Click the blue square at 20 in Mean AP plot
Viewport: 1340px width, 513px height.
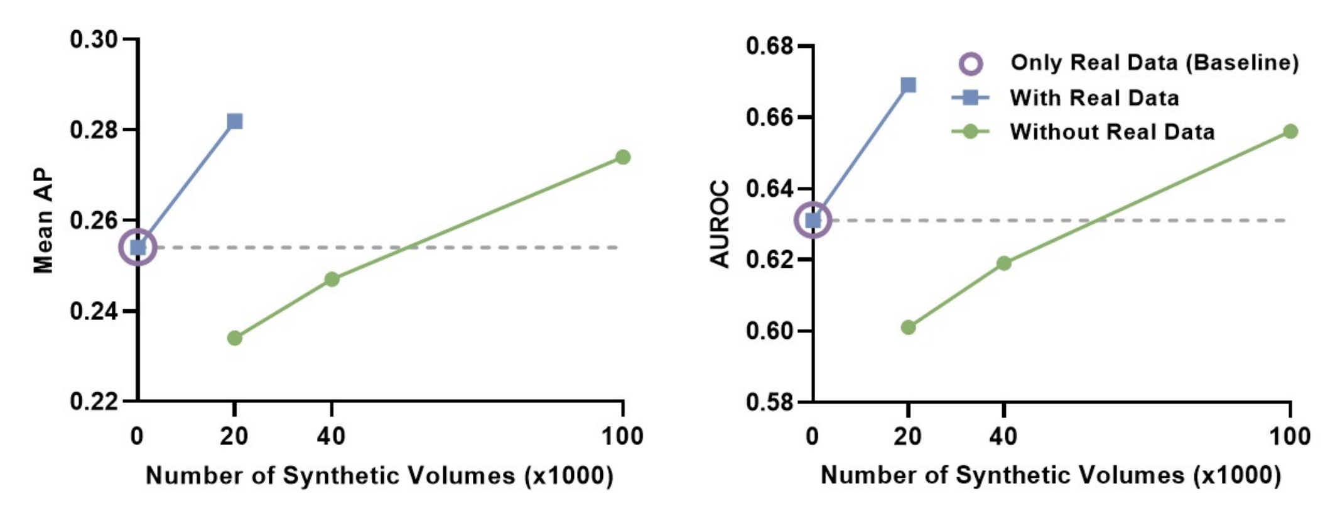(235, 121)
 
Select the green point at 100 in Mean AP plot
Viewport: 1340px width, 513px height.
(623, 157)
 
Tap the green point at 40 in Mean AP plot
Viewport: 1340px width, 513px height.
(332, 279)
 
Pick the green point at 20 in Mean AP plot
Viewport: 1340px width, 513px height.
(235, 338)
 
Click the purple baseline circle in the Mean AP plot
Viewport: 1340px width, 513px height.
(138, 248)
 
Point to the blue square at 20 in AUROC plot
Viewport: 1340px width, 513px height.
(908, 85)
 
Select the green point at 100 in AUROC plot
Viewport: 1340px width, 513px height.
(1290, 131)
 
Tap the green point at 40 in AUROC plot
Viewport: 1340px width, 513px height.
(1004, 263)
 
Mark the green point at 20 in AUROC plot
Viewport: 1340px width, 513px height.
(908, 328)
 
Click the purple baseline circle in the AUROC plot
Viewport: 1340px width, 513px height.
(813, 220)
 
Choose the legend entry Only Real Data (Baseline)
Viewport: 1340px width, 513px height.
(1154, 63)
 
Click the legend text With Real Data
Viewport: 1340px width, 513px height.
(1094, 98)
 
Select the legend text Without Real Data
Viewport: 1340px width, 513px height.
(1111, 132)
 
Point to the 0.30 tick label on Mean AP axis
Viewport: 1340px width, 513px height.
(94, 40)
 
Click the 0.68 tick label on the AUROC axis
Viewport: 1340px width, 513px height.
(769, 47)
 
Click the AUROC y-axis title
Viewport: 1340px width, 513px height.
(720, 224)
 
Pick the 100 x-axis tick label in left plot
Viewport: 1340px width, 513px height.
(622, 436)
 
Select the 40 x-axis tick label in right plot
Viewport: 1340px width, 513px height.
(1003, 436)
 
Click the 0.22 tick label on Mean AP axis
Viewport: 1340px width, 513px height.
(94, 401)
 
